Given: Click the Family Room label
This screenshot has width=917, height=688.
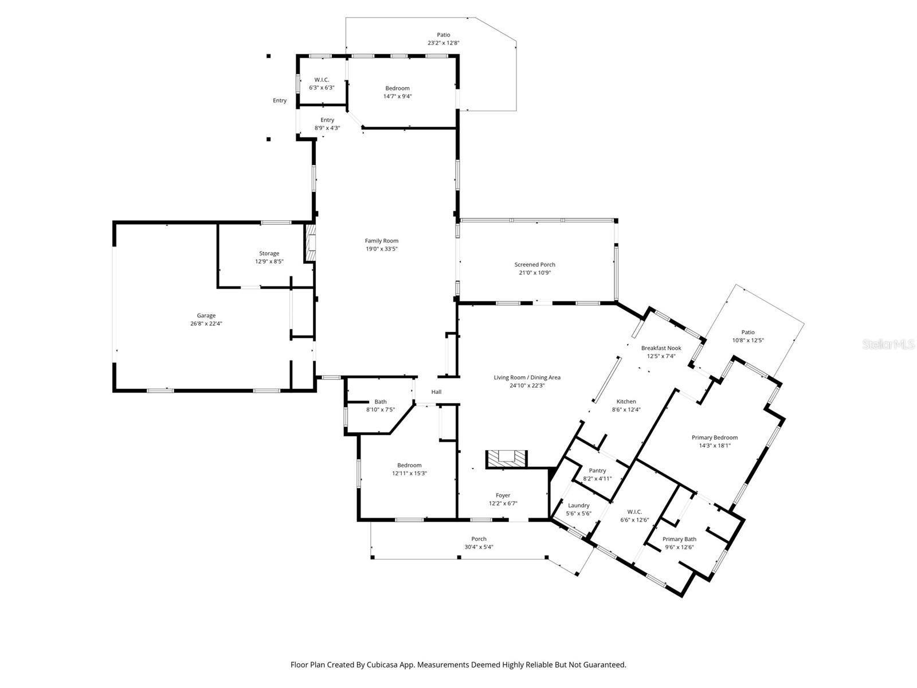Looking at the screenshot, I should (381, 241).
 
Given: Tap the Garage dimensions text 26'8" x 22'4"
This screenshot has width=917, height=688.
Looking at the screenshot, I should (206, 323).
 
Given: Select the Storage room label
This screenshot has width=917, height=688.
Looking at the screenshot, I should (269, 253).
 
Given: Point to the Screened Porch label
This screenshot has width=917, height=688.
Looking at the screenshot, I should (534, 264).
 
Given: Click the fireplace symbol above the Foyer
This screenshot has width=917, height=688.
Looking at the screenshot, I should (505, 459).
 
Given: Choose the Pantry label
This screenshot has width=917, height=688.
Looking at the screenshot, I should (597, 470).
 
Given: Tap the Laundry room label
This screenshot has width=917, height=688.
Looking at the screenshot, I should (578, 505).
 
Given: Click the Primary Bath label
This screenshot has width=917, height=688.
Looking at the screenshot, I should (679, 539).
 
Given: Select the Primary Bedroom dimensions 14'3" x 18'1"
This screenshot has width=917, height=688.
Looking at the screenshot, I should (715, 445).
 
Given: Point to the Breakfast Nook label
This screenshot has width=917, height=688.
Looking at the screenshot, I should (661, 348).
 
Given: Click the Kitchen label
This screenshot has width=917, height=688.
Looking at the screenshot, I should (626, 401).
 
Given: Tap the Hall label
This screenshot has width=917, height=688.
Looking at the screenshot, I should (436, 392).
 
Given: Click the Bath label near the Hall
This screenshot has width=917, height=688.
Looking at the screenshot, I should (381, 401).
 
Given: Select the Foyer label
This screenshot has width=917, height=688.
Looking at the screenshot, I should (503, 495).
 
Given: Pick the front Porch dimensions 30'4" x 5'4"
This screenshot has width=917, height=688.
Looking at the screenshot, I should (479, 547).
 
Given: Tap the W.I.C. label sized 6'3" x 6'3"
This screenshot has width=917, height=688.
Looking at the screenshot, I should (322, 80).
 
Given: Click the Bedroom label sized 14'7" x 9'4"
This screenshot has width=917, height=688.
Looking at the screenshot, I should (397, 88).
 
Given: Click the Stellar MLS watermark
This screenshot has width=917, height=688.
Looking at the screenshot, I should (888, 345).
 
